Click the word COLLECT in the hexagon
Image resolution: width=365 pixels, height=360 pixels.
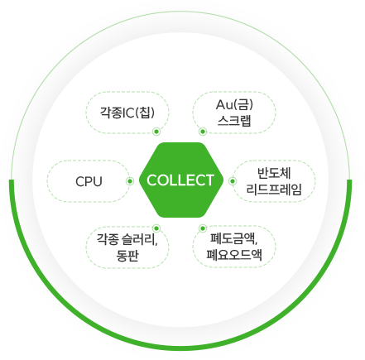click(x=180, y=180)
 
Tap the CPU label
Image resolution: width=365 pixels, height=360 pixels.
click(x=89, y=181)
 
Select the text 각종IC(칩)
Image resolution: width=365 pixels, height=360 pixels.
click(x=127, y=113)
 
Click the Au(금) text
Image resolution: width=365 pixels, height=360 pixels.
click(x=234, y=104)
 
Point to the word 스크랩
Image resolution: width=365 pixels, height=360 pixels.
click(x=234, y=121)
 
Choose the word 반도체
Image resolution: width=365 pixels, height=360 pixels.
click(x=274, y=173)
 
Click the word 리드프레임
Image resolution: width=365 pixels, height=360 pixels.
click(x=274, y=190)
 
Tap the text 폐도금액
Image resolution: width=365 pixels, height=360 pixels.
click(x=233, y=238)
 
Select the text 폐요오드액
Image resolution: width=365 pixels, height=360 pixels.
click(x=234, y=255)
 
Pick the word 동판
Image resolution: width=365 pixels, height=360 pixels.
click(x=127, y=256)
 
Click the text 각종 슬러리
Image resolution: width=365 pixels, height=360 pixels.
click(x=127, y=239)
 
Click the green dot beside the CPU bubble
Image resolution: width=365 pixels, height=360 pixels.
click(x=130, y=181)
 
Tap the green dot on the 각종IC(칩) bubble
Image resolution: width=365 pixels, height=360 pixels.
click(x=156, y=132)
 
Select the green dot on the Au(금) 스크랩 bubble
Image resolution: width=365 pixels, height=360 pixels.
click(x=203, y=132)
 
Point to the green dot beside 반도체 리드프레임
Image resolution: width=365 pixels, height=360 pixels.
click(x=233, y=181)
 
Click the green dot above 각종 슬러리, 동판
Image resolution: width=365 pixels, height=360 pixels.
click(x=156, y=228)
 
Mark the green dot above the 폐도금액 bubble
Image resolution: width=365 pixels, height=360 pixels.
click(x=203, y=228)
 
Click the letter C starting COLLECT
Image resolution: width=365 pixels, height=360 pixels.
click(x=151, y=180)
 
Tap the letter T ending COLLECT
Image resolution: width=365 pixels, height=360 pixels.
click(x=209, y=180)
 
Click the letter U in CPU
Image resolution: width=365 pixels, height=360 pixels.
click(x=98, y=181)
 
